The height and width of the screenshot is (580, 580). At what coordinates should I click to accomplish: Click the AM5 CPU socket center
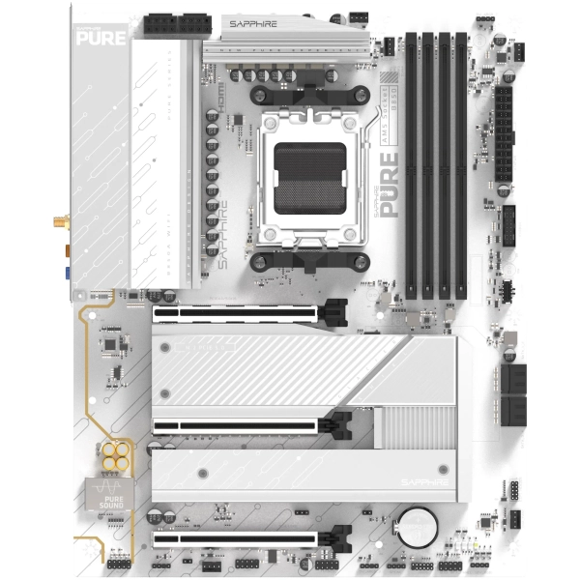[310, 179]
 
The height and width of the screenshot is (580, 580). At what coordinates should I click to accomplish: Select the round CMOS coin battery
[420, 525]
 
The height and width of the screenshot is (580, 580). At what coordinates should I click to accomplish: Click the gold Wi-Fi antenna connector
[61, 223]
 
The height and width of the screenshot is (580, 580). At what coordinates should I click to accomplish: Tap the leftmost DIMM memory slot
[411, 164]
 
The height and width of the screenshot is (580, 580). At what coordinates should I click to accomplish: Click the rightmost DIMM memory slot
[461, 164]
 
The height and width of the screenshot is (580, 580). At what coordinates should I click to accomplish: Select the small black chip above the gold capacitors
[113, 343]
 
